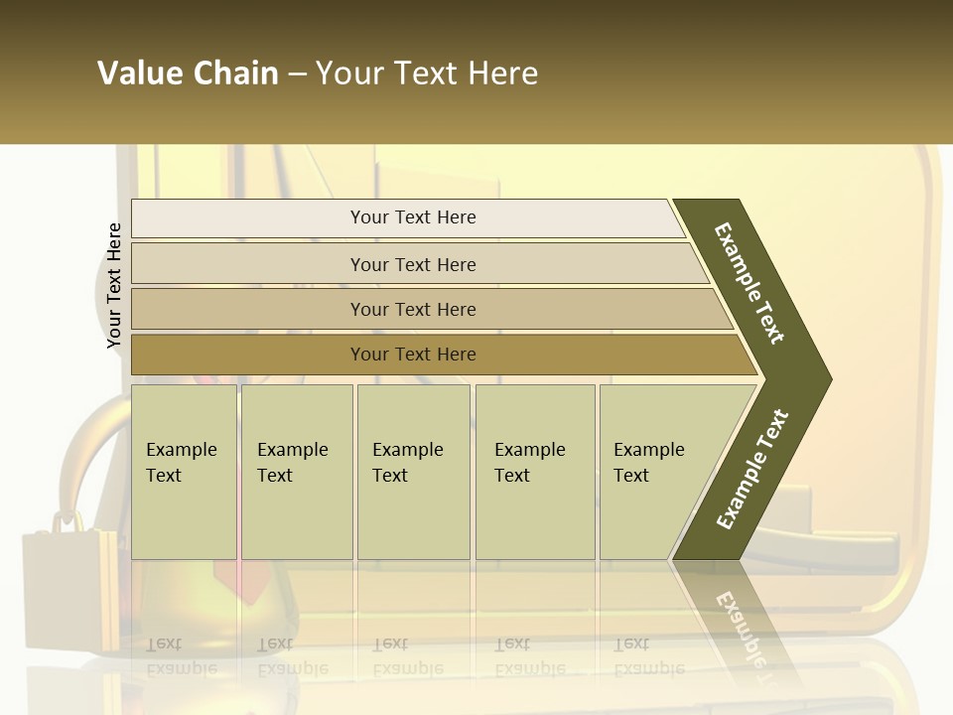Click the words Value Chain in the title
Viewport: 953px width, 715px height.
pyautogui.click(x=188, y=73)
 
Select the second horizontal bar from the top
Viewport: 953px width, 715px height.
pyautogui.click(x=413, y=264)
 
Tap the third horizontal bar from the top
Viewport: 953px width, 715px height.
pyautogui.click(x=413, y=309)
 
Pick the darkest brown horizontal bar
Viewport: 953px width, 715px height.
pyautogui.click(x=413, y=355)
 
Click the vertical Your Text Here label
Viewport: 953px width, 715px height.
pyautogui.click(x=114, y=285)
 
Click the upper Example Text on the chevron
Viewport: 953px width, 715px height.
pyautogui.click(x=749, y=283)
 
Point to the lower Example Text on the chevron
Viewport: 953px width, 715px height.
pyautogui.click(x=752, y=469)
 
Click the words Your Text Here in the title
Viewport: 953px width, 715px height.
pyautogui.click(x=427, y=73)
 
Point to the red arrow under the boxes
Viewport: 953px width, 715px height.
pyautogui.click(x=248, y=581)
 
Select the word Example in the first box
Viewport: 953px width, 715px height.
pyautogui.click(x=181, y=450)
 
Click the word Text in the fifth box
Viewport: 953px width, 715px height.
pyautogui.click(x=630, y=476)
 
